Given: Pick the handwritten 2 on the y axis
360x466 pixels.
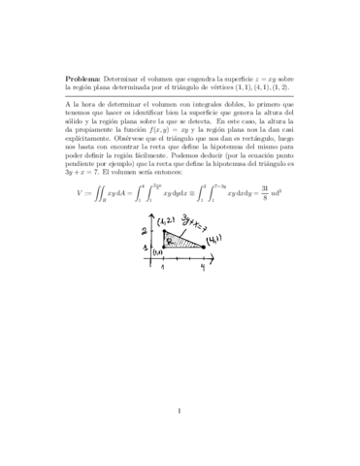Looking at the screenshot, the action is coord(143,203).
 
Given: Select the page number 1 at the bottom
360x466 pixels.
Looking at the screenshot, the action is coord(180,412).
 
